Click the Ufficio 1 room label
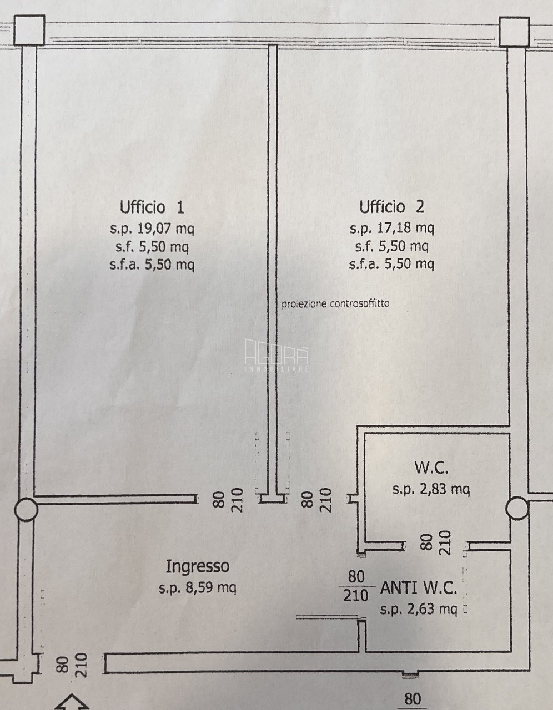(152, 207)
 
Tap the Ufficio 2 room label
(392, 207)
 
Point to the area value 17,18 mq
(406, 228)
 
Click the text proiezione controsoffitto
(335, 304)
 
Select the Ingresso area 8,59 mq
(210, 588)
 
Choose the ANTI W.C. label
(418, 589)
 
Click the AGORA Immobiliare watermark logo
(276, 355)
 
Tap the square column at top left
(29, 30)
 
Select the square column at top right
(514, 32)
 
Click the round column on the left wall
(26, 509)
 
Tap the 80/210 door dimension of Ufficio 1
(228, 500)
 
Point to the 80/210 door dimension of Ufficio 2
(316, 500)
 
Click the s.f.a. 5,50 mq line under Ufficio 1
(152, 265)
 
